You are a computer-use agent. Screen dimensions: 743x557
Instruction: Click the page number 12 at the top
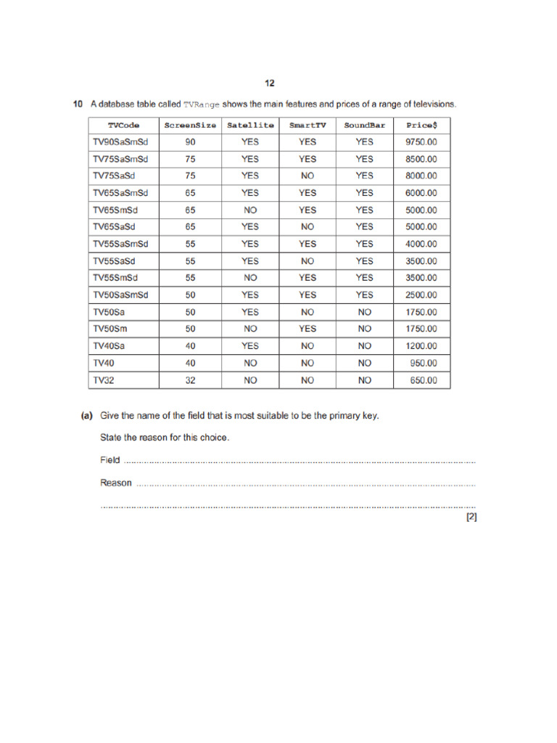(x=270, y=83)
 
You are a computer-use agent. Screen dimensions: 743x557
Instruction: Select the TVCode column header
(x=123, y=125)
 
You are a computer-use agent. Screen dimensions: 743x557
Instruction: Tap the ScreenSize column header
(x=190, y=125)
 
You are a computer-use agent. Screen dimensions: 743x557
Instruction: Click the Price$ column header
(x=421, y=125)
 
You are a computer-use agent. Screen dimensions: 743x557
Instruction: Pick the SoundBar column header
(x=364, y=125)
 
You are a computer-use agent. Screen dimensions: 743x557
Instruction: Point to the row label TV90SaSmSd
(x=120, y=142)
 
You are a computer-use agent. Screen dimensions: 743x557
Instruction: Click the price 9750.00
(x=421, y=142)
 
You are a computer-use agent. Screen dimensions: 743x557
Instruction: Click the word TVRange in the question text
(x=201, y=104)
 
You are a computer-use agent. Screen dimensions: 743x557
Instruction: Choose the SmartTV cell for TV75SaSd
(x=308, y=176)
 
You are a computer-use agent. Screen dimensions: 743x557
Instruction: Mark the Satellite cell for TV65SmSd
(x=250, y=210)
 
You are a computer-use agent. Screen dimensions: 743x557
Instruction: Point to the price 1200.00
(x=421, y=346)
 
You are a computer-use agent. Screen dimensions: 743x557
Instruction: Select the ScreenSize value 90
(x=190, y=142)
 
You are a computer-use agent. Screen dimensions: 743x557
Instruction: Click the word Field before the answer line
(x=110, y=460)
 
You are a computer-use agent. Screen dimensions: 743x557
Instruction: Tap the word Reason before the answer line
(x=116, y=483)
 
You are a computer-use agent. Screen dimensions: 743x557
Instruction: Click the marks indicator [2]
(x=471, y=517)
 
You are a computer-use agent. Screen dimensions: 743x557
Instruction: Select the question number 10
(x=78, y=104)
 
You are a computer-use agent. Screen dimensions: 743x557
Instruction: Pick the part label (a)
(x=87, y=416)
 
